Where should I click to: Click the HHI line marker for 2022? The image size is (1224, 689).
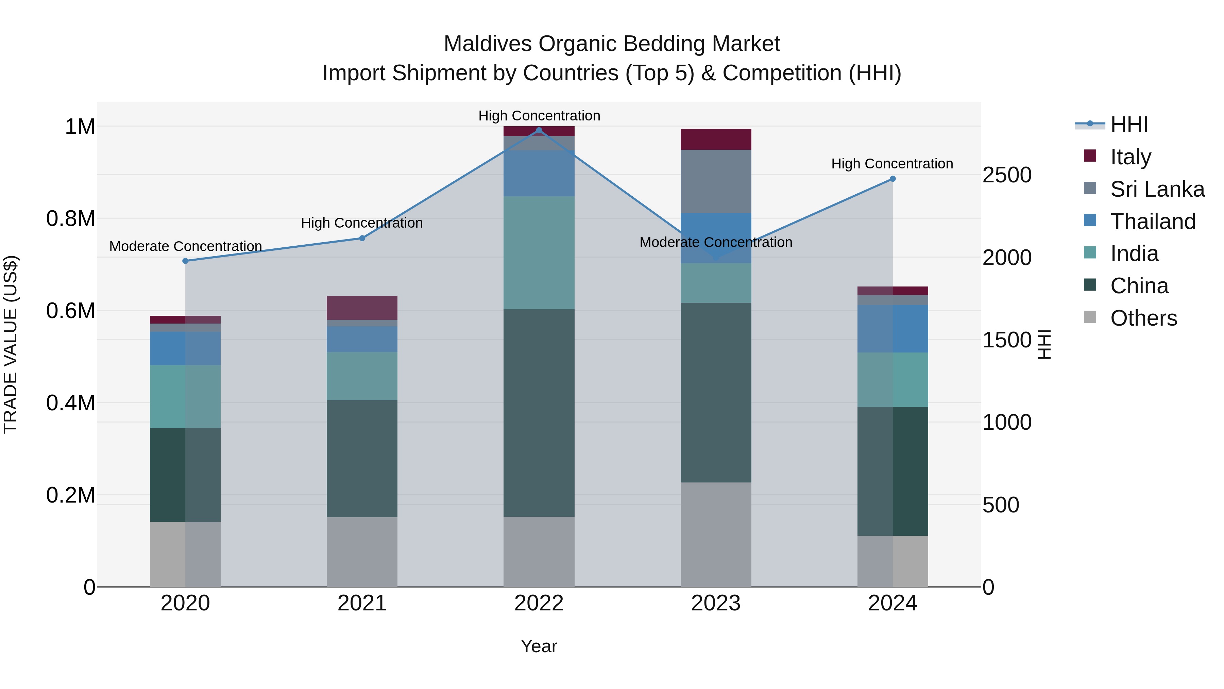coord(539,130)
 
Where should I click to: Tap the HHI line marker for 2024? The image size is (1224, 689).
coord(893,179)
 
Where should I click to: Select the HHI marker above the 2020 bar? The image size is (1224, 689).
coord(185,261)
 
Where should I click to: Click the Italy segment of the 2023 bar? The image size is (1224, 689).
coord(716,139)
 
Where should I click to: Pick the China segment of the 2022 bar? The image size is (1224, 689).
coord(539,413)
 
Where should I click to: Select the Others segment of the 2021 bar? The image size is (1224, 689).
coord(362,552)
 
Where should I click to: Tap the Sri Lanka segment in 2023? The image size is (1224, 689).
coord(716,181)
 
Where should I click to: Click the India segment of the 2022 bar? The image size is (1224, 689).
coord(539,252)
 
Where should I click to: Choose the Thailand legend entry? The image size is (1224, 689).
coord(1153,222)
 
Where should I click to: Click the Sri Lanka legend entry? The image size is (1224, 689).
coord(1157,189)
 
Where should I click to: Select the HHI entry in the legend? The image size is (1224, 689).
coord(1128,125)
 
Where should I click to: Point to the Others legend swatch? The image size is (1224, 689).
coord(1090,317)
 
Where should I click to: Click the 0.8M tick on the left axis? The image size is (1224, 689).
coord(70,219)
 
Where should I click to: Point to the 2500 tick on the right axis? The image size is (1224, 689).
coord(1007,175)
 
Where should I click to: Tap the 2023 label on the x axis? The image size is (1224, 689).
coord(716,603)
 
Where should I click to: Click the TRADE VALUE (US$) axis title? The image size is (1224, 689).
coord(11,344)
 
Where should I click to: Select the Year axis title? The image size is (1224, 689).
coord(539,646)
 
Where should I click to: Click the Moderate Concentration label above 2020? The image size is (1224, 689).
coord(185,246)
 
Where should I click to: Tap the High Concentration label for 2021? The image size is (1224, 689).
coord(362,223)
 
